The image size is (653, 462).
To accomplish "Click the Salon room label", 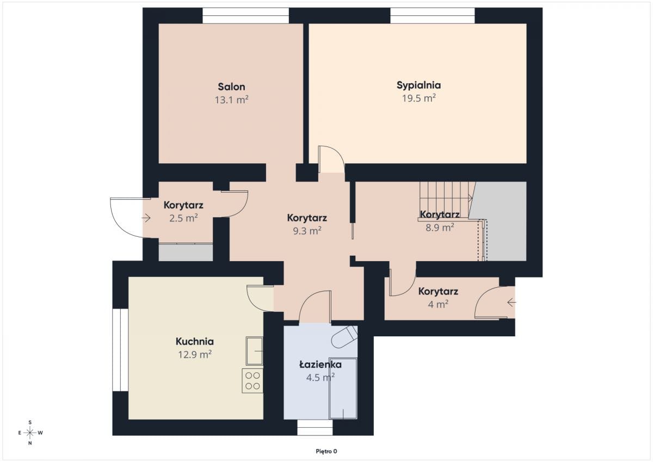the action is click(x=231, y=87).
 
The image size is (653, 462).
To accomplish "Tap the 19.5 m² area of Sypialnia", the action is click(x=419, y=98).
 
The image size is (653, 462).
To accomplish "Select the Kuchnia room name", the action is click(x=195, y=341).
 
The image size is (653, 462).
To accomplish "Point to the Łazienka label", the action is click(x=321, y=364).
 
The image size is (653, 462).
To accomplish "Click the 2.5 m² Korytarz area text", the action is click(x=184, y=218).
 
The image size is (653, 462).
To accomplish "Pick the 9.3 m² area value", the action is click(x=307, y=231).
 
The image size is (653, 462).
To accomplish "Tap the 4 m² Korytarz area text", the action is click(x=438, y=304).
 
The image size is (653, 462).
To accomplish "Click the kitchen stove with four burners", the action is click(x=252, y=381).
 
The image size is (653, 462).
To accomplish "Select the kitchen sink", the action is click(x=255, y=351).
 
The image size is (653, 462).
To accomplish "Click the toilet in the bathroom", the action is click(x=345, y=337).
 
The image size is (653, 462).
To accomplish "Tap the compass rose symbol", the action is click(x=30, y=433).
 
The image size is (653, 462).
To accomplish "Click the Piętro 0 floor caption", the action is click(x=326, y=451).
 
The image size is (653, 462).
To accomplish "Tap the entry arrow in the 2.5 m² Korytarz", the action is click(x=146, y=218).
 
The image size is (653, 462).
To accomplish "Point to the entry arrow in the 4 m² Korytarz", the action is click(x=512, y=303).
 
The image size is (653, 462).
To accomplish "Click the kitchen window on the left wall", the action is click(x=120, y=350).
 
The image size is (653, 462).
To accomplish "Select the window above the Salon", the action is click(x=246, y=15).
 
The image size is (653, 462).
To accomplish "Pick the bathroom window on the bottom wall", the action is click(x=315, y=427).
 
